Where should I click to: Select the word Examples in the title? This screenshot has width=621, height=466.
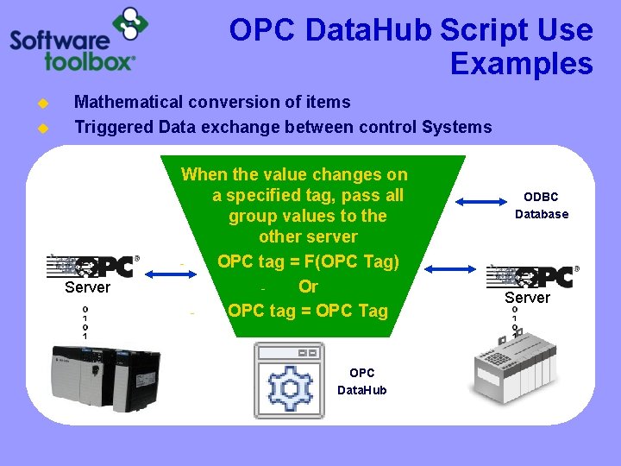[x=521, y=64]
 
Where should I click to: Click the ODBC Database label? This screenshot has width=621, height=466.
[x=542, y=205]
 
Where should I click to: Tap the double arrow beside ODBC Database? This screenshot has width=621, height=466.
[x=484, y=202]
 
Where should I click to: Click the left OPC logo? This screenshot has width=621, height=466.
[x=93, y=267]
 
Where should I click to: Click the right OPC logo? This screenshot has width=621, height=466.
[x=531, y=276]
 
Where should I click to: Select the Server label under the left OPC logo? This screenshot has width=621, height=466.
[x=87, y=287]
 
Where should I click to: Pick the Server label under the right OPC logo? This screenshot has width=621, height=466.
[x=527, y=298]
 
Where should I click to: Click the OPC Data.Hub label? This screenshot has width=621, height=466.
[x=361, y=381]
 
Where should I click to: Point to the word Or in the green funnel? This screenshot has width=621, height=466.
[x=308, y=286]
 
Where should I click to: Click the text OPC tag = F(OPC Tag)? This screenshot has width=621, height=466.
[x=308, y=261]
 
